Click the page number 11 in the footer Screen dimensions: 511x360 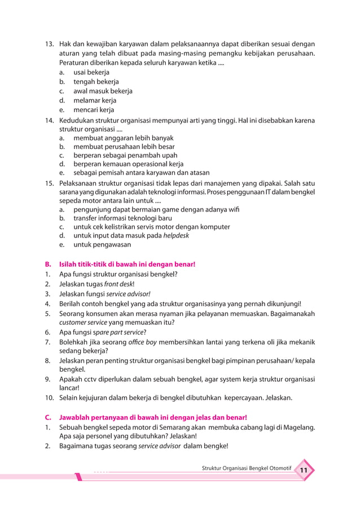[303, 471]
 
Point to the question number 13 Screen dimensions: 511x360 [49, 44]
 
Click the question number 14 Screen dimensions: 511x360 [49, 120]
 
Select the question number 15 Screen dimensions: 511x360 [49, 183]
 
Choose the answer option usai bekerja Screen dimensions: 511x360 [91, 73]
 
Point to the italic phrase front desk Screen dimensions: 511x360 [117, 284]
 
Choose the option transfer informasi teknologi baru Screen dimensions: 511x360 [122, 218]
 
